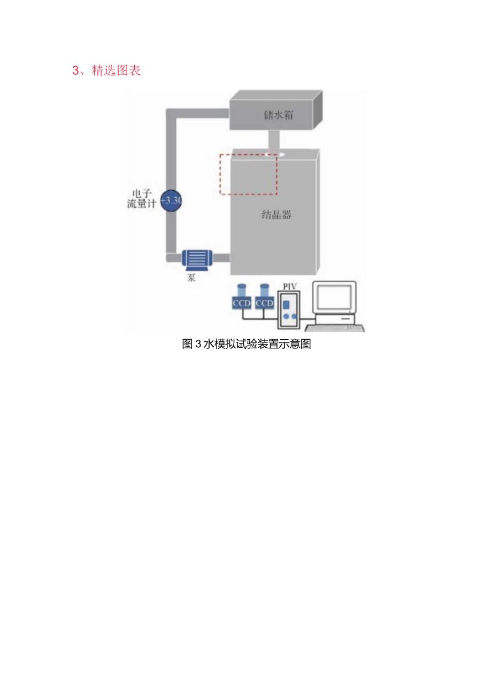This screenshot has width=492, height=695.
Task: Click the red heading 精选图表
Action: tap(116, 71)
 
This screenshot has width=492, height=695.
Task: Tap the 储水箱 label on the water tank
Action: tap(278, 114)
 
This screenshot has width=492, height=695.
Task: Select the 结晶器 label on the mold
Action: tap(276, 215)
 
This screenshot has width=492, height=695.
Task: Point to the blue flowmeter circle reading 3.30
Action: tap(171, 201)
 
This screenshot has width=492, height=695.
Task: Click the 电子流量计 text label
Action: tap(142, 198)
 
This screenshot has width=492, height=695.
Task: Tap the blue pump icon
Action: tap(195, 259)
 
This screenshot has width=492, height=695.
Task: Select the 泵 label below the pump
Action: tap(191, 278)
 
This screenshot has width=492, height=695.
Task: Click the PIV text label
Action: tap(289, 287)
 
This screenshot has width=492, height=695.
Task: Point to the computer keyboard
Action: tap(335, 327)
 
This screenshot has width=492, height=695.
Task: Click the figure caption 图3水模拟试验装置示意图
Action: tap(247, 344)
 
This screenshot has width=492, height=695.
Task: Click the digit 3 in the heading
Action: tap(75, 71)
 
